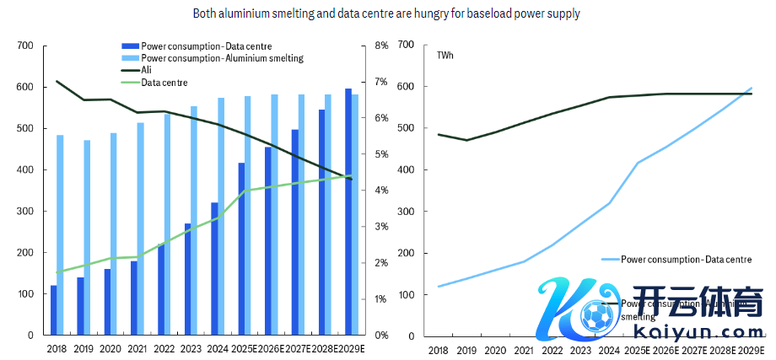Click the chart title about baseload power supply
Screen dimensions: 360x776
(386, 13)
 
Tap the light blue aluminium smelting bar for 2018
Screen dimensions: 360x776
(61, 235)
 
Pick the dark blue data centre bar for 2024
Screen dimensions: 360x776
(214, 269)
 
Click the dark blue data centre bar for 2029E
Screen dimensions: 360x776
(348, 212)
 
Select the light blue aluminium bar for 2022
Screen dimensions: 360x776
(167, 224)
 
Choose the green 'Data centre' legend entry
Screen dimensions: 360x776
(164, 83)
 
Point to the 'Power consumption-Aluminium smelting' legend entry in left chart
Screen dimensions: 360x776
(222, 58)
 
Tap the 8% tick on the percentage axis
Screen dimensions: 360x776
(381, 46)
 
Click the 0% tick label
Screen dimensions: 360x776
(381, 336)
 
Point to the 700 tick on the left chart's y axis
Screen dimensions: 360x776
(25, 46)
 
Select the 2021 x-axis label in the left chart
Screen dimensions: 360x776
(137, 349)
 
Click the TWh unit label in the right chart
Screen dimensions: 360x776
(445, 56)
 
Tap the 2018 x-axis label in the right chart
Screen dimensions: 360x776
(439, 350)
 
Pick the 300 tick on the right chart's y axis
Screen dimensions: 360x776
(407, 212)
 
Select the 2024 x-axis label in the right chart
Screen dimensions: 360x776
(609, 350)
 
